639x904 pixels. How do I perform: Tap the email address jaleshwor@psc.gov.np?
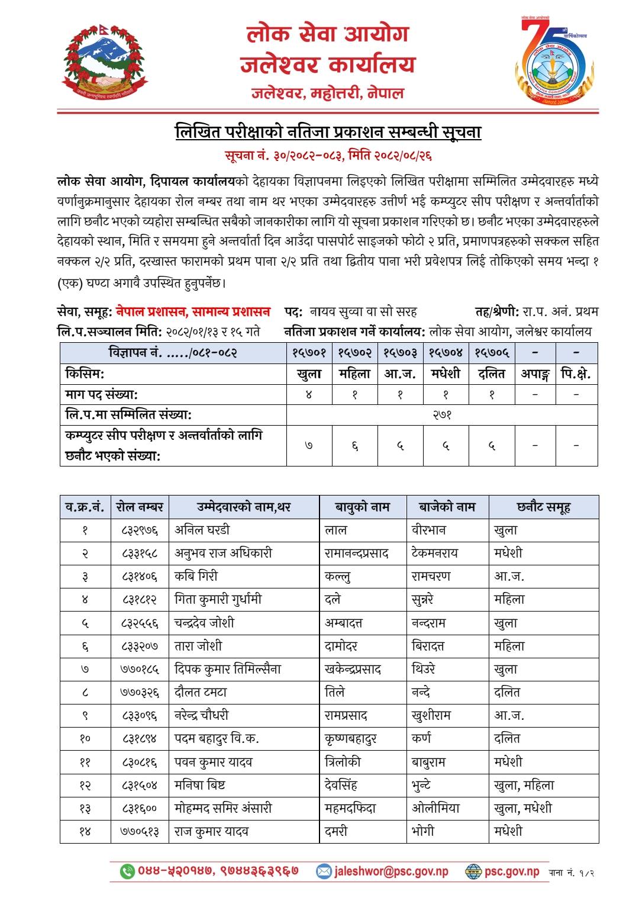pos(391,871)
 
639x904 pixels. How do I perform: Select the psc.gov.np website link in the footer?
pos(511,871)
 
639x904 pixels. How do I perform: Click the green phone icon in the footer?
pos(127,871)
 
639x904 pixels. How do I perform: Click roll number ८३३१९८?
pos(140,553)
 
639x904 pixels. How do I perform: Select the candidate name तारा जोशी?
pos(198,646)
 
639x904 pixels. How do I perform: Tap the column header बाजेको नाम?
pos(447,507)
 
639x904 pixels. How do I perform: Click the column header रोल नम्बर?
pos(140,507)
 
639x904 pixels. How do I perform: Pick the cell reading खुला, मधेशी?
pos(522,808)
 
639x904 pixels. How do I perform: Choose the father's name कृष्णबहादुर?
pos(351,739)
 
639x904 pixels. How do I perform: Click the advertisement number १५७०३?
pos(400,353)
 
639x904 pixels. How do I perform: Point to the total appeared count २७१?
pos(442,415)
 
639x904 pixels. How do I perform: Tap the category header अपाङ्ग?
pos(535,374)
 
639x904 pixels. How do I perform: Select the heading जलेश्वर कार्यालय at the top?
pos(328,64)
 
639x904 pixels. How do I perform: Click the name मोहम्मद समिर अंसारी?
pos(224,808)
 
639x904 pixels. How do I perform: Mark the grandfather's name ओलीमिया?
pos(435,808)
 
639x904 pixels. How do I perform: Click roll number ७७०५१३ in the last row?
pos(140,831)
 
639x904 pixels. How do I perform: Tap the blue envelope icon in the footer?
pos(324,871)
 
